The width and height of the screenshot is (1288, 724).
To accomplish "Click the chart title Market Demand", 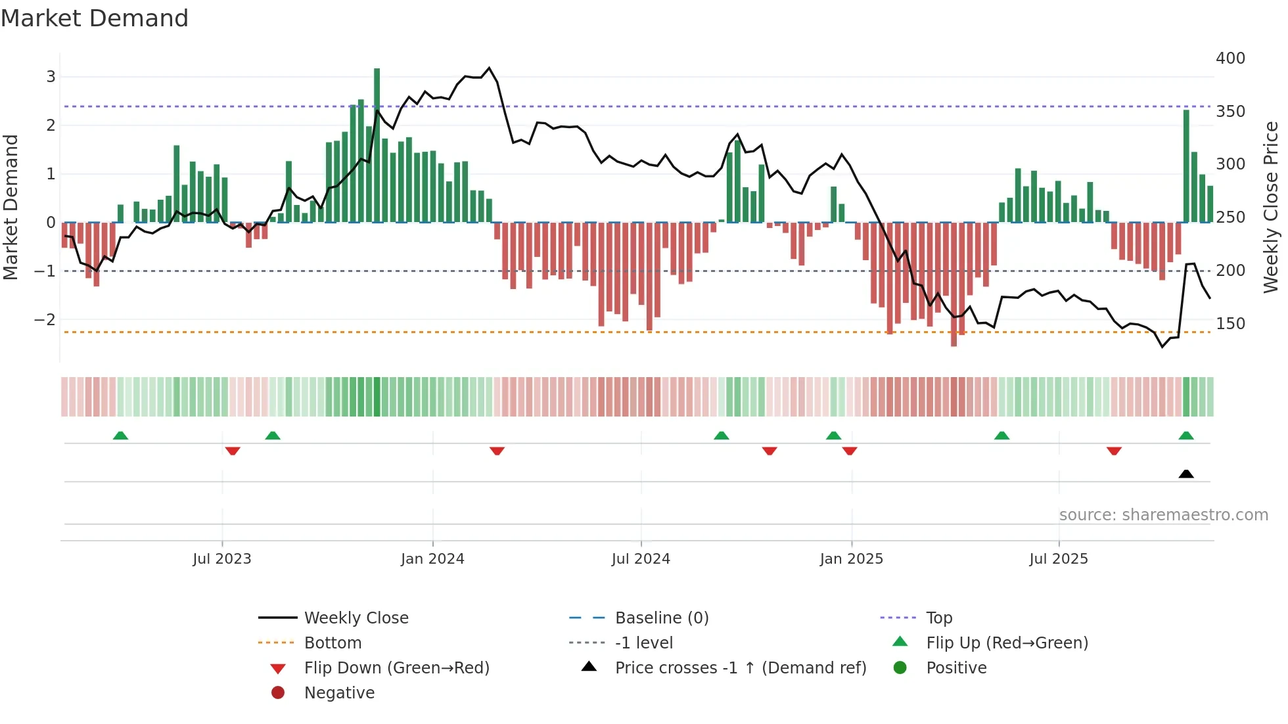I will click(x=95, y=18).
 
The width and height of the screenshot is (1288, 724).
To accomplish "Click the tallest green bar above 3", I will click(x=377, y=131).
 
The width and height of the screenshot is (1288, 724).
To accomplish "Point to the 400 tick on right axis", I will click(x=1230, y=58).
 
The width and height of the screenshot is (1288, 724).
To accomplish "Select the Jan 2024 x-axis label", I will click(x=432, y=559).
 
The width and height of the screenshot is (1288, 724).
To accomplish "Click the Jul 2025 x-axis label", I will click(x=1059, y=559).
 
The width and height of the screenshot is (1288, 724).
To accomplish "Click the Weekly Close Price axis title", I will click(x=1271, y=207).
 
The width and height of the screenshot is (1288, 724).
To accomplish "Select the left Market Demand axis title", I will click(x=11, y=207).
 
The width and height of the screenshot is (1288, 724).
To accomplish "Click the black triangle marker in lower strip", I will click(x=1186, y=474).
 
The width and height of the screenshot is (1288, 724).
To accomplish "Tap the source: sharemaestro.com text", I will click(x=1163, y=515).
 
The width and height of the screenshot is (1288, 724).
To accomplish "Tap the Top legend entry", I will click(x=939, y=618).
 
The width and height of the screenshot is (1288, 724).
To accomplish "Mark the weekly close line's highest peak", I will click(x=489, y=68).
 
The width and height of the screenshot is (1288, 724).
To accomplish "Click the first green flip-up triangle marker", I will click(x=120, y=436).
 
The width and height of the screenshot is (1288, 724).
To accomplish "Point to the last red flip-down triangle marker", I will click(x=1114, y=451).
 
